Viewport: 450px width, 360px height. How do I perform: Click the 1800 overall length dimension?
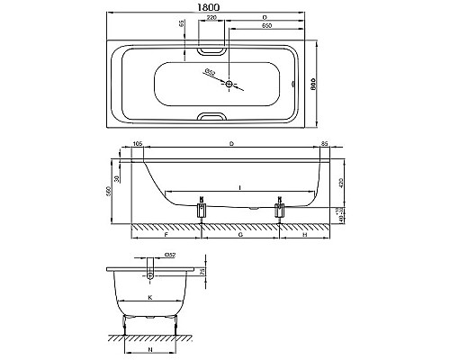[210, 6]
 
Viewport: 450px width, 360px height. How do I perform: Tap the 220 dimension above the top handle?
[210, 17]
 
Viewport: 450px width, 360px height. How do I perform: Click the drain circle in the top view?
[230, 85]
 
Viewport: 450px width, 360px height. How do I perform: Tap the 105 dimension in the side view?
[138, 142]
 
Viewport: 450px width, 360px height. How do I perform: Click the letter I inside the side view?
[239, 186]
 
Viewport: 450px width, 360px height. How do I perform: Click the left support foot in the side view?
[202, 212]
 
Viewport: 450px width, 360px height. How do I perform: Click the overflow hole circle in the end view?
[149, 272]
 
